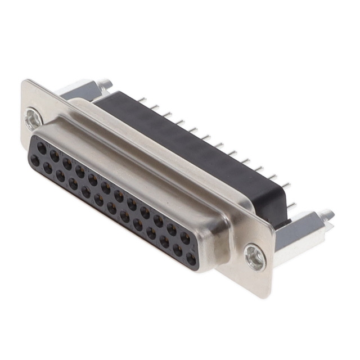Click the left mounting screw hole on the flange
tap(33, 119)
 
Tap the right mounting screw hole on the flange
tap(255, 258)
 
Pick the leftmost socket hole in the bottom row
tap(35, 161)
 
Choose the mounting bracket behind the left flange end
tap(84, 90)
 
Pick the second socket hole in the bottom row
tap(48, 168)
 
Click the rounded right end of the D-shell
tap(217, 247)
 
